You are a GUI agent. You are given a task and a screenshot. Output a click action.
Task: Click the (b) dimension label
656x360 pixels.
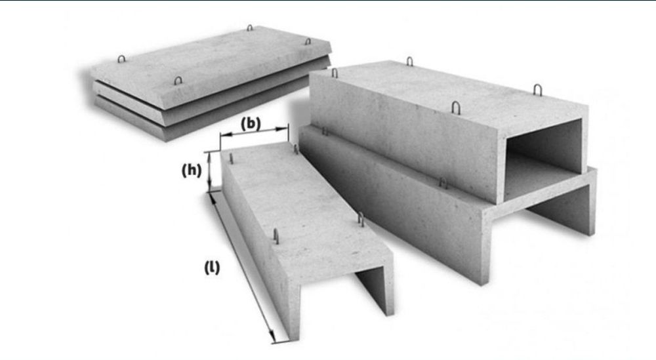click(x=251, y=123)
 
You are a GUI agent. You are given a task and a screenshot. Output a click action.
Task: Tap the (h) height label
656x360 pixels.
click(x=191, y=170)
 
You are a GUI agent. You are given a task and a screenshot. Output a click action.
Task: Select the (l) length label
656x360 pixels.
click(x=212, y=267)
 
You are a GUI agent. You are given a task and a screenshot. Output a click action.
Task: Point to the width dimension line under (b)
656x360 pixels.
click(x=254, y=132)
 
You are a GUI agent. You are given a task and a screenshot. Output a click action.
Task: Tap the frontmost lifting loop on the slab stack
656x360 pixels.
click(x=178, y=80)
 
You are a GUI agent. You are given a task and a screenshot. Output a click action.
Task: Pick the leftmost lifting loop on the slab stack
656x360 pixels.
click(x=121, y=58)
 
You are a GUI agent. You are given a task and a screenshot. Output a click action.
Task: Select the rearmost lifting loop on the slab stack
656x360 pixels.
click(x=250, y=28)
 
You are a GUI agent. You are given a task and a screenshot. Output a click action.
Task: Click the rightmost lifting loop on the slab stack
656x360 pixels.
click(x=308, y=41)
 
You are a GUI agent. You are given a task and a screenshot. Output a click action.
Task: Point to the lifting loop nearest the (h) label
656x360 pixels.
click(x=231, y=159)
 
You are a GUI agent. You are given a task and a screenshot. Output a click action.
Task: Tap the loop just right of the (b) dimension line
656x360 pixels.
click(x=296, y=150)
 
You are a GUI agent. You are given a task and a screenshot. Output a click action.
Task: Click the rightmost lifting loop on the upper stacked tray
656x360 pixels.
click(x=538, y=90)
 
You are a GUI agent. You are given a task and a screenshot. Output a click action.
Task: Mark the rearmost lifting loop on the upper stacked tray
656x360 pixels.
click(x=409, y=62)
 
